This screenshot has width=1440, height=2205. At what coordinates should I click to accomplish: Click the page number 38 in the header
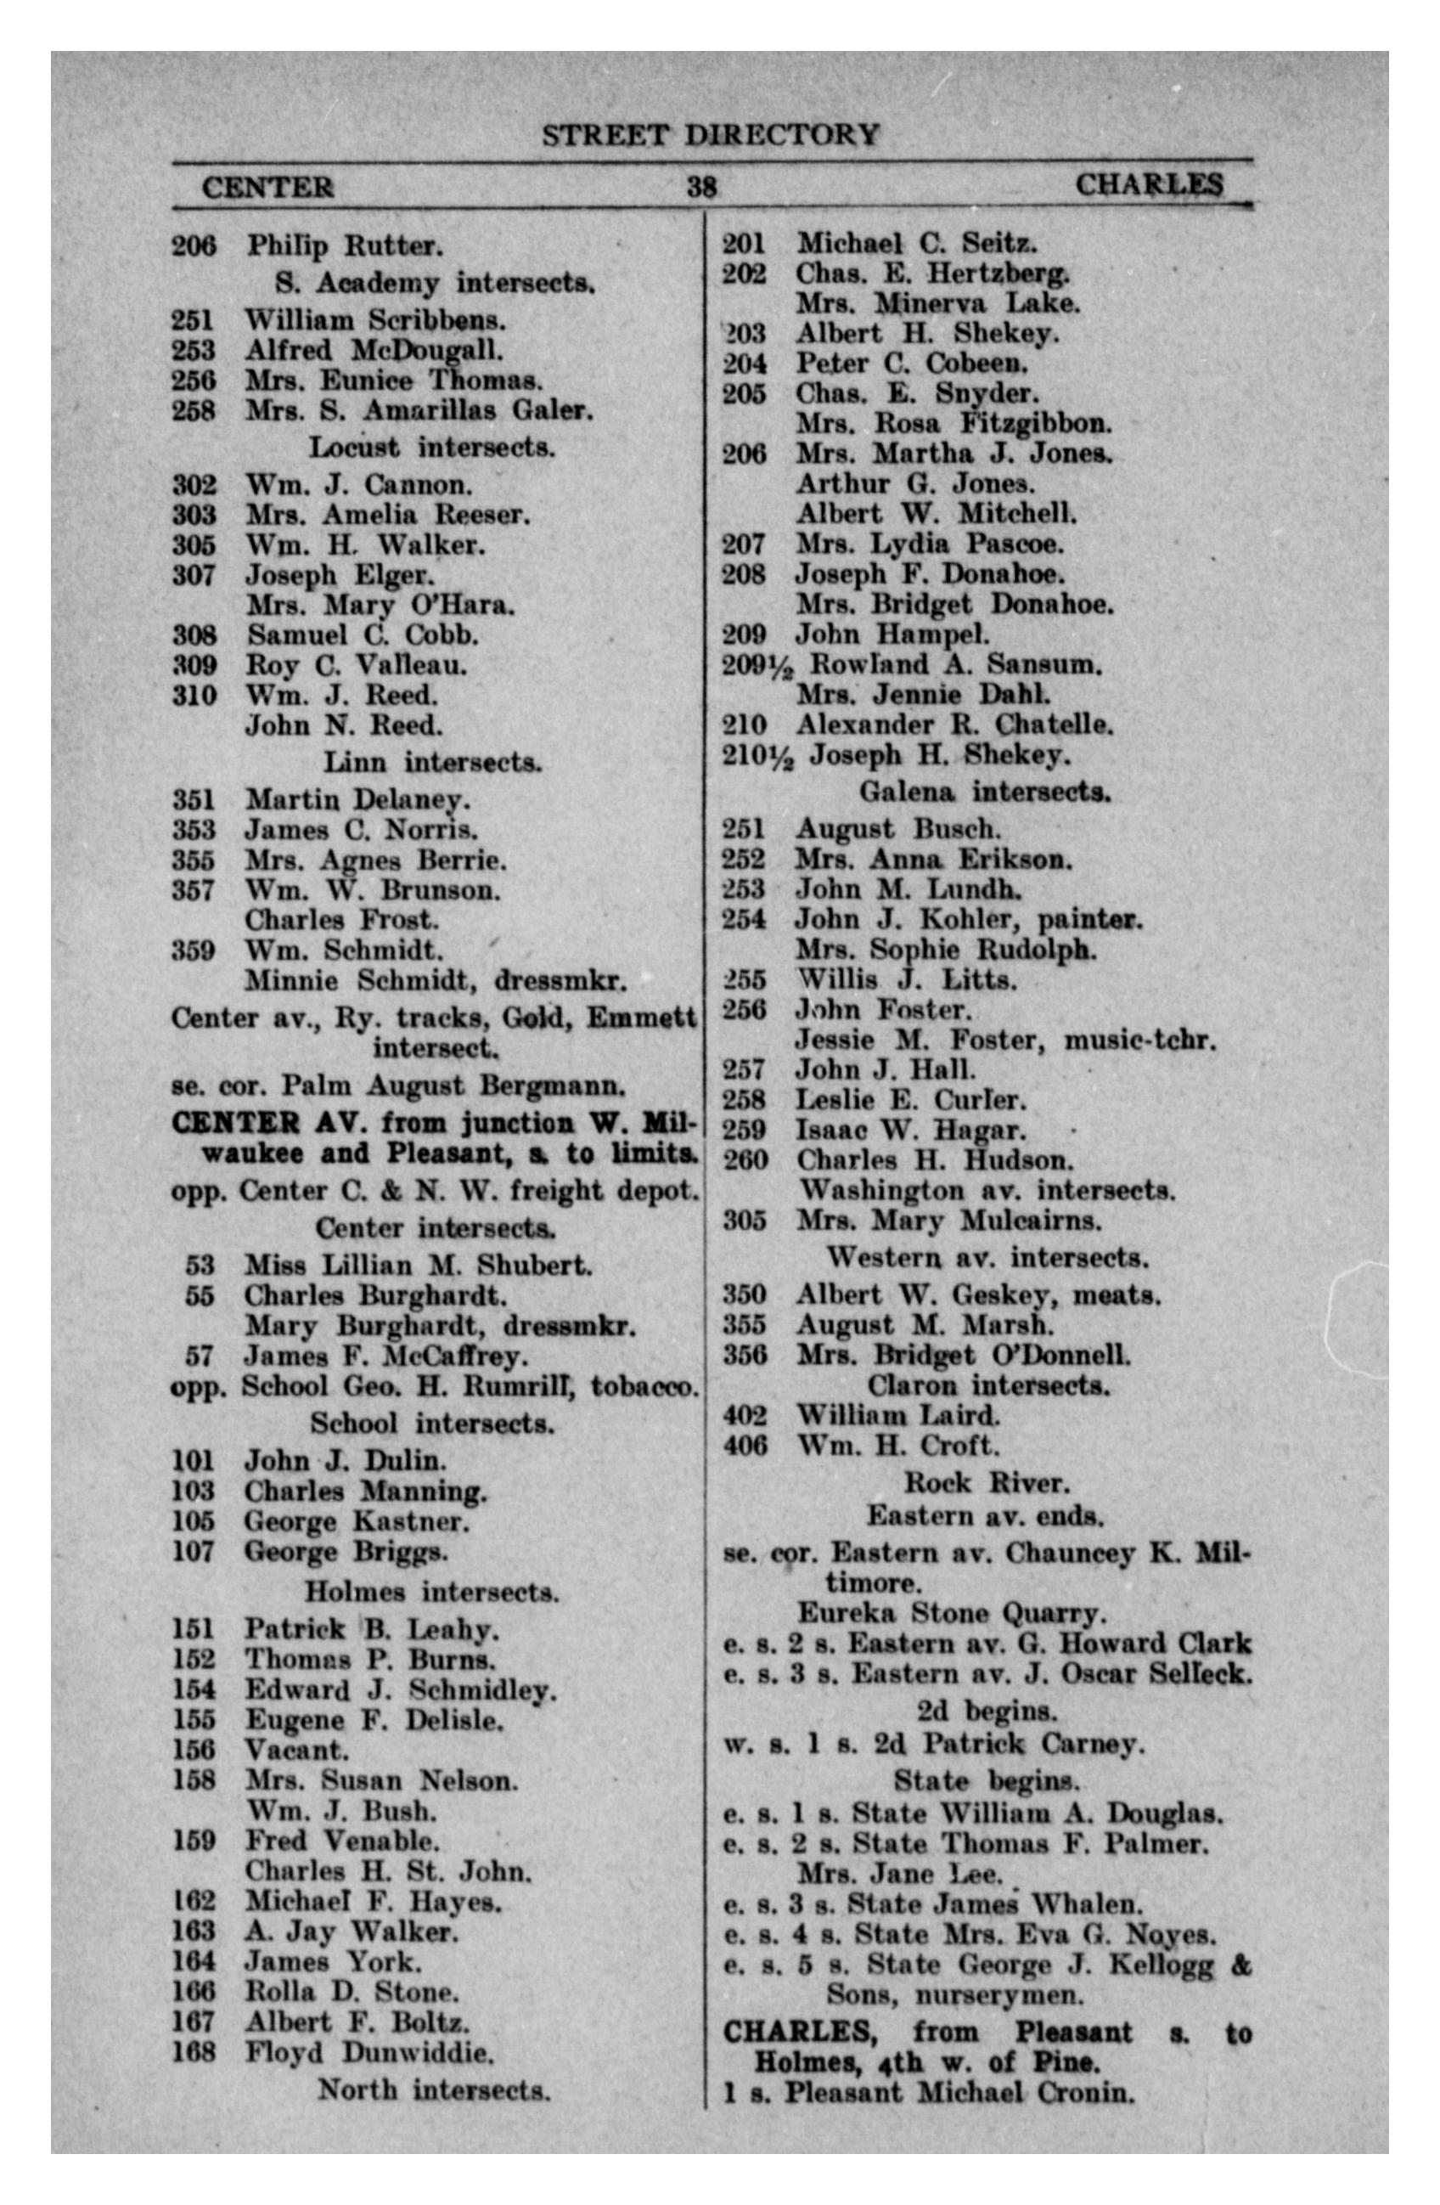coord(701,186)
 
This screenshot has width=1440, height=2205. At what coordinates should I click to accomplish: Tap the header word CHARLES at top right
coord(1148,184)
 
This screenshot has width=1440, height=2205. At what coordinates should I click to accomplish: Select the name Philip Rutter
coord(345,246)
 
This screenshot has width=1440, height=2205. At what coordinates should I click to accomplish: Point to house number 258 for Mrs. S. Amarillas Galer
coord(194,409)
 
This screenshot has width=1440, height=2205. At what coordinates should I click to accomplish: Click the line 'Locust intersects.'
coord(431,448)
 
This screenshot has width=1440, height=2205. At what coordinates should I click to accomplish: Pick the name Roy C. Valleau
coord(356,665)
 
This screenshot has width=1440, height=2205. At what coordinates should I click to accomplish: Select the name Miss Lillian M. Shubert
coord(418,1265)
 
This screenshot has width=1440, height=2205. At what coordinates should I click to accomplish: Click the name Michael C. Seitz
coord(917,244)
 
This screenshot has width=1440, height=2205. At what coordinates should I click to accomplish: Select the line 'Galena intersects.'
coord(985,792)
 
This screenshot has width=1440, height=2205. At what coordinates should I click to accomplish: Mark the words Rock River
coord(987,1483)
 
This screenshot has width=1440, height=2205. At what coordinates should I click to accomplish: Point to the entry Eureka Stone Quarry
coord(951,1613)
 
